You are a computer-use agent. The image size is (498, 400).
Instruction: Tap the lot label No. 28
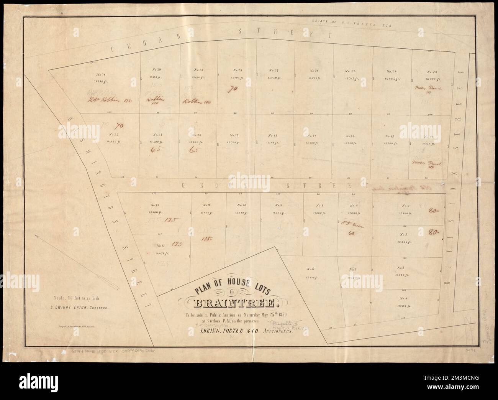coord(238,71)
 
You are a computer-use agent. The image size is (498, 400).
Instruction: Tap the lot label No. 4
coord(402,298)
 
